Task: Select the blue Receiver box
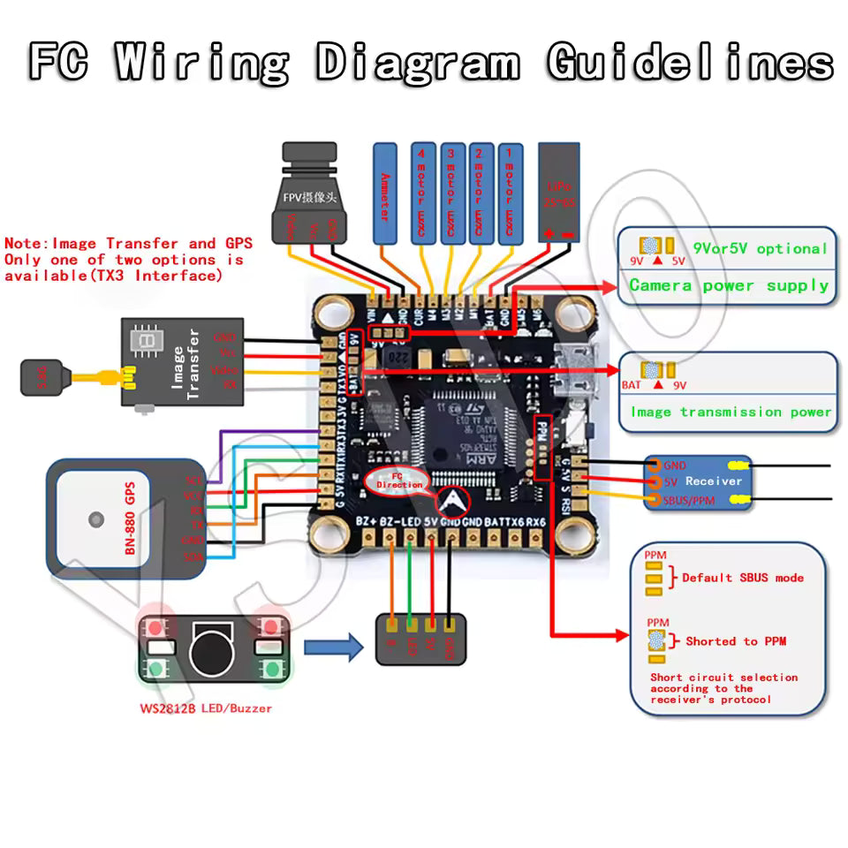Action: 698,482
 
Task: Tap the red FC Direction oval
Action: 395,481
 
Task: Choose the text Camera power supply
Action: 729,285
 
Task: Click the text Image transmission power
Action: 731,412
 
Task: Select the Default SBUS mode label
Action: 742,578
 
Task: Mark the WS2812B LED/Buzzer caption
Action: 205,708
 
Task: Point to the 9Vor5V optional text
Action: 760,249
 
